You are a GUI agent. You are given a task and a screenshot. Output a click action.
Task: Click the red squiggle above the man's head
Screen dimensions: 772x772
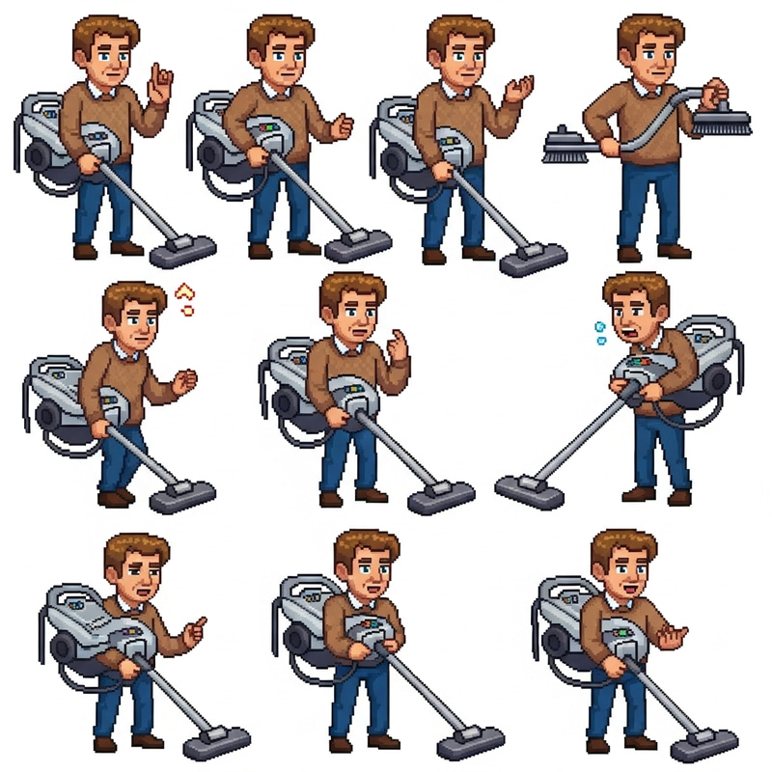[187, 298]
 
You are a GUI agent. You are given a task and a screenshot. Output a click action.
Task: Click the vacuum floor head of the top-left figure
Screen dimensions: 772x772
[182, 252]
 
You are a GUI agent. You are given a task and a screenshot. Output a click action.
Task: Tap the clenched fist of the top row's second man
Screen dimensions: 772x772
[342, 126]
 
